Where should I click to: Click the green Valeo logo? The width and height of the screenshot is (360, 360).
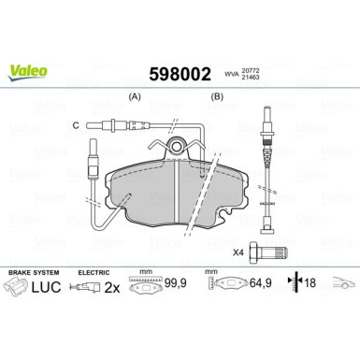click(x=24, y=66)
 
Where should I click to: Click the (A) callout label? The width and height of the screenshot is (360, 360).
click(x=134, y=96)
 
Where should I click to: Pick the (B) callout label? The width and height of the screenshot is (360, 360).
click(x=219, y=96)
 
